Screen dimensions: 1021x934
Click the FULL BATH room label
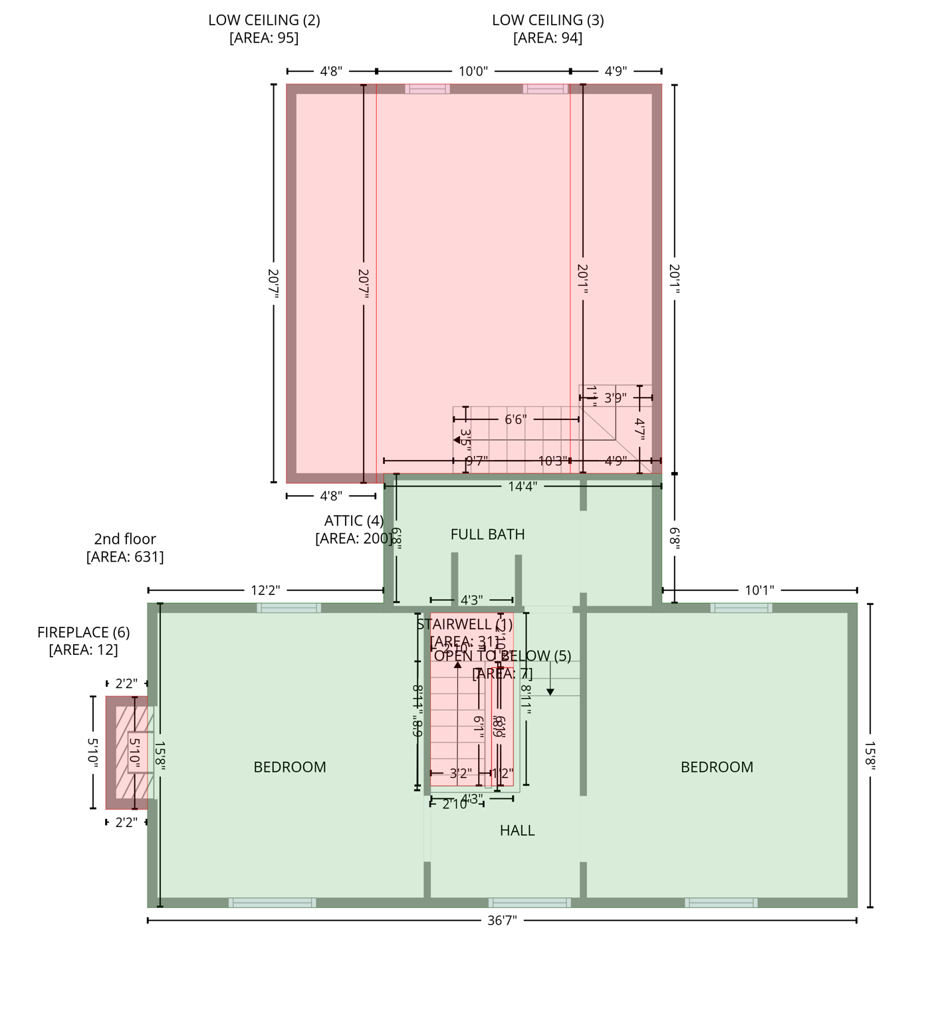pos(487,534)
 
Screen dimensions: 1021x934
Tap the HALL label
pos(517,830)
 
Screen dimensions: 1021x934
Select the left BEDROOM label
pos(290,767)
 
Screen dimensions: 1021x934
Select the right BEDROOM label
pos(717,767)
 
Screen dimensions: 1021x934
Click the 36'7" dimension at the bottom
pos(501,921)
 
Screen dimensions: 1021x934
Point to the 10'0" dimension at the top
pos(473,71)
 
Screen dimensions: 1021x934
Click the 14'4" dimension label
pos(523,486)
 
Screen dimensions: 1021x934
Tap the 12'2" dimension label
pos(265,590)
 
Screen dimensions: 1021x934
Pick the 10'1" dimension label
pos(759,590)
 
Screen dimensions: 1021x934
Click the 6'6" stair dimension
pos(515,419)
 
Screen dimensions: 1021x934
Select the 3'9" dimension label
pos(615,398)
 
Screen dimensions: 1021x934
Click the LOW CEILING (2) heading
pos(264,20)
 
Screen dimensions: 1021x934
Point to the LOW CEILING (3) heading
pos(548,20)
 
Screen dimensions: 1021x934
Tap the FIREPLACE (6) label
pos(83,632)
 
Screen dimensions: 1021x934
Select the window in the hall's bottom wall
pos(530,903)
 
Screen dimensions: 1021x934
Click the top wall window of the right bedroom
pos(741,608)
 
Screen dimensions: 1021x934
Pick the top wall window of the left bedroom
pos(289,608)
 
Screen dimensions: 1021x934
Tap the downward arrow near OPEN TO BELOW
pos(550,691)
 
